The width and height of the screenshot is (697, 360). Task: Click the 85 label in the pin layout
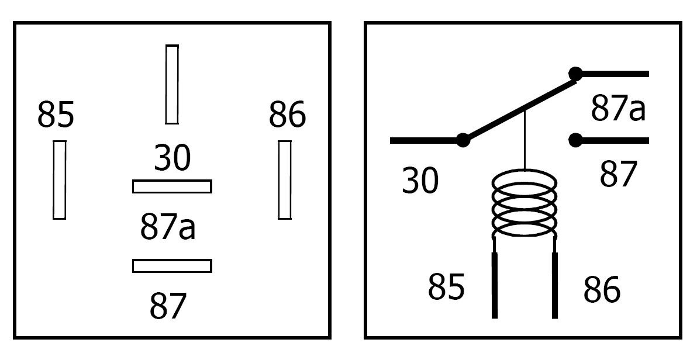(x=56, y=115)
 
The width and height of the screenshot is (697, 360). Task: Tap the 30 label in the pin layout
(x=172, y=158)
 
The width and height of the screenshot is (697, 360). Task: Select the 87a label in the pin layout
(x=168, y=227)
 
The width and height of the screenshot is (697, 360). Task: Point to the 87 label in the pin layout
(x=168, y=305)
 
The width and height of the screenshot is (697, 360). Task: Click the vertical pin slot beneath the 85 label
(x=59, y=180)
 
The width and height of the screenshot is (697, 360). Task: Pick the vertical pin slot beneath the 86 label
(x=285, y=180)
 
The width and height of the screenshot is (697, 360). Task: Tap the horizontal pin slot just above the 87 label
(x=172, y=266)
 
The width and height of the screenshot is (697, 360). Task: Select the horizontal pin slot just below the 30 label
(x=172, y=186)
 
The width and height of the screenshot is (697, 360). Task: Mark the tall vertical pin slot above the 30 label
(x=172, y=84)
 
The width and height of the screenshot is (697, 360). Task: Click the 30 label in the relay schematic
(x=420, y=181)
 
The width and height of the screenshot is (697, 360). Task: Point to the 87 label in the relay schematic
(x=618, y=175)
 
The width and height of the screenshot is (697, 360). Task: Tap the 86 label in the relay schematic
(x=602, y=289)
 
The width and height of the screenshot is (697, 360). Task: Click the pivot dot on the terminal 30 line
(x=463, y=140)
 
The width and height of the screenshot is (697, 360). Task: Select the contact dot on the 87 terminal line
(x=576, y=140)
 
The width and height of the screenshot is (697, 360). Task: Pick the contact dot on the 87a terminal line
(x=576, y=74)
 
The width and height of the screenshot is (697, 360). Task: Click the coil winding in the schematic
(x=525, y=205)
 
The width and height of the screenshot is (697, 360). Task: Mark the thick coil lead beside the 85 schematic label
(x=495, y=285)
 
